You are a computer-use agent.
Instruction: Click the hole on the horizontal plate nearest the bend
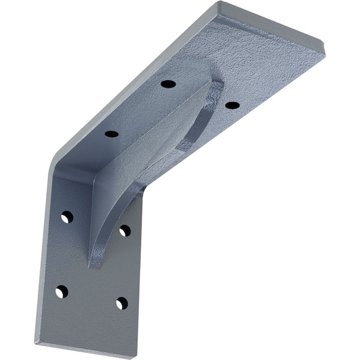[x=111, y=133]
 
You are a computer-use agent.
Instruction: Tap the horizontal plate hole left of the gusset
[x=168, y=83]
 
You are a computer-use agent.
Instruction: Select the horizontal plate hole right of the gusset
[x=232, y=105]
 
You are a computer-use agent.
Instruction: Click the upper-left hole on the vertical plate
[x=67, y=217]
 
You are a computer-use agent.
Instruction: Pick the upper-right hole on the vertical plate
[x=125, y=230]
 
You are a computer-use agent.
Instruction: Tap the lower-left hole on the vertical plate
[x=61, y=292]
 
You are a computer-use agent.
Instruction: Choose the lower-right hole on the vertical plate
[x=122, y=303]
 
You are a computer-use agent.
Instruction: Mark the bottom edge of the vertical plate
[x=84, y=349]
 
